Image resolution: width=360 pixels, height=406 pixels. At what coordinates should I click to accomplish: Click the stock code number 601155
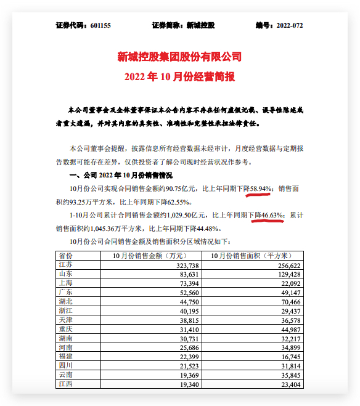coord(100,26)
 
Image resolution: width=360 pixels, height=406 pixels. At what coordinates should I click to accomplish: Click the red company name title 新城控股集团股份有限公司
coord(179,57)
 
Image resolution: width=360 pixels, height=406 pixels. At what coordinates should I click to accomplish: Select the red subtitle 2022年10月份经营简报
coord(179,76)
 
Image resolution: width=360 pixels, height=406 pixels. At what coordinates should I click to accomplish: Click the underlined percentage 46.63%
coord(271,215)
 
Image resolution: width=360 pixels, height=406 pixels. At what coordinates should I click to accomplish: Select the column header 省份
coord(65,255)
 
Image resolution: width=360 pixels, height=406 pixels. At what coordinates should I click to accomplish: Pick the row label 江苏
coord(65,264)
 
